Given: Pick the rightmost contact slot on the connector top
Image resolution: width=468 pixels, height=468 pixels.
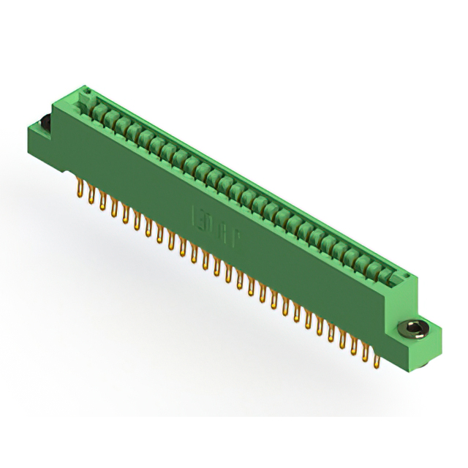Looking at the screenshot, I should pos(388,274).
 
